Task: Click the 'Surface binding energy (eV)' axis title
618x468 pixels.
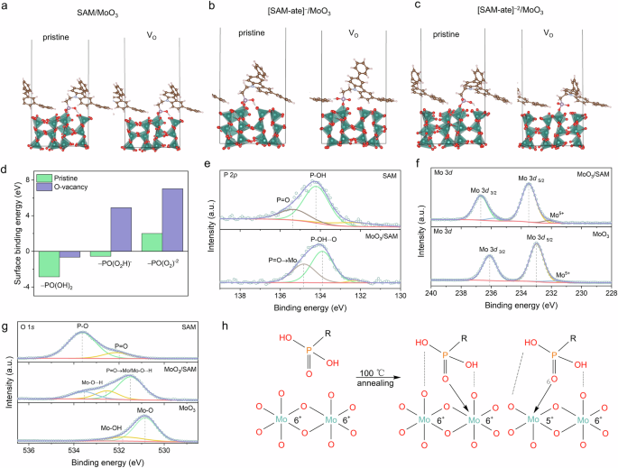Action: [x=11, y=231]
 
